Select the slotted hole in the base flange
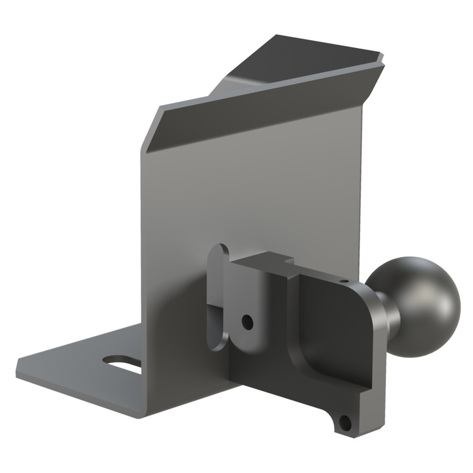pyautogui.click(x=123, y=364)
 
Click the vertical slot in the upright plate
pyautogui.click(x=217, y=298)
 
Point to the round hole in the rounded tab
pyautogui.click(x=247, y=322)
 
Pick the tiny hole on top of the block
pyautogui.click(x=344, y=281)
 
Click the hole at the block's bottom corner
pyautogui.click(x=345, y=423)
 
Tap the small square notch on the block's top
pyautogui.click(x=289, y=261)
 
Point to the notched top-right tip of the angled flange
pyautogui.click(x=381, y=57)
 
